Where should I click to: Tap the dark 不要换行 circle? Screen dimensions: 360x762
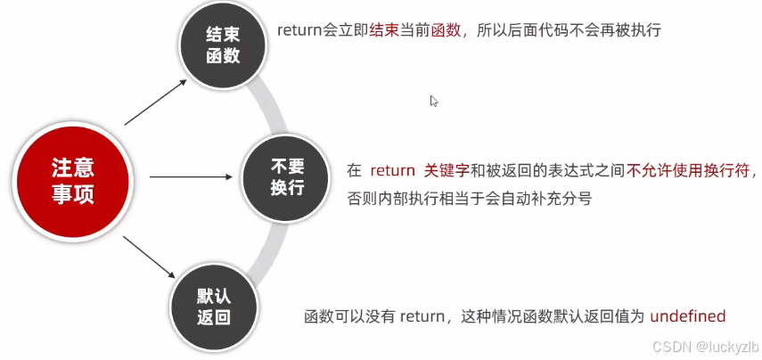287,176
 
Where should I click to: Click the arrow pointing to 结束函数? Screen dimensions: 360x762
156,100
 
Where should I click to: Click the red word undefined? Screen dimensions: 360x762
688,316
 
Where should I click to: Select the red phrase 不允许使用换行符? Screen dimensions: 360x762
689,171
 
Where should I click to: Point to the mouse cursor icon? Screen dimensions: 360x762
434,101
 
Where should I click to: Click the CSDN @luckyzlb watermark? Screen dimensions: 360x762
705,345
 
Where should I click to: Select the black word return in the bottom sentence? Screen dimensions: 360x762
422,316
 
